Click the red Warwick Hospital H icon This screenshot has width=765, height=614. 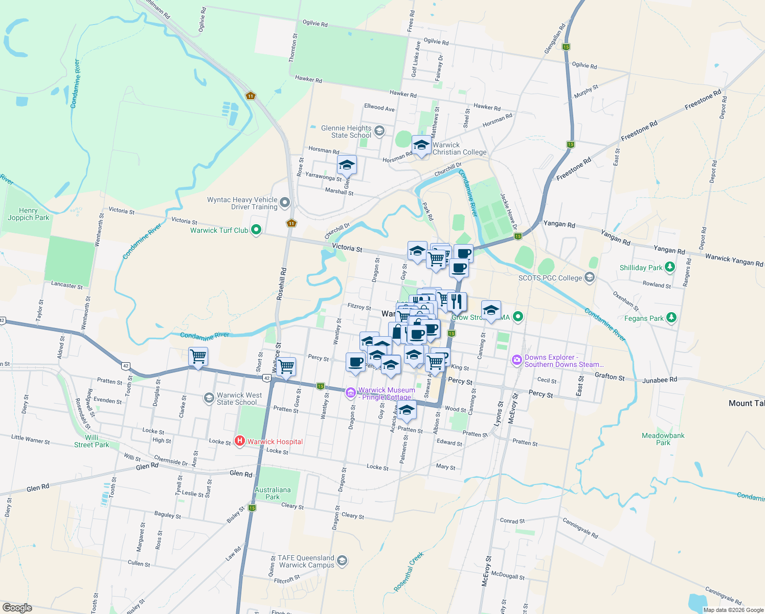[x=239, y=441]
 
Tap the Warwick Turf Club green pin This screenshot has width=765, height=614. [x=256, y=230]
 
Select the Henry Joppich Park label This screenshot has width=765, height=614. [x=29, y=214]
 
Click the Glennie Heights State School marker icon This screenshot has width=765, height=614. [x=379, y=131]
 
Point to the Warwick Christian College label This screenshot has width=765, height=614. [x=459, y=148]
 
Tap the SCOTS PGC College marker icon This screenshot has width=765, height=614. [x=590, y=277]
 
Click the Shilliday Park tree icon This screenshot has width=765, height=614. [x=670, y=267]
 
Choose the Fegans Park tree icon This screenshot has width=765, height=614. [x=671, y=318]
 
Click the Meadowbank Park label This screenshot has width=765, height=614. [x=663, y=439]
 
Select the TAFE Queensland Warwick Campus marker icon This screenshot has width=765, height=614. [x=342, y=561]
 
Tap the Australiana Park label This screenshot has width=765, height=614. [x=273, y=493]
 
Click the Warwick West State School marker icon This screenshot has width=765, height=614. [x=209, y=398]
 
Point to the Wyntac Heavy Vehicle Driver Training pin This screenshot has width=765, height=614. [x=285, y=203]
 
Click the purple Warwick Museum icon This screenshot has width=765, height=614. [x=351, y=392]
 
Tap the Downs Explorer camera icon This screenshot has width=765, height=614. [x=517, y=360]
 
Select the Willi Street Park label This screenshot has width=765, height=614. [x=92, y=441]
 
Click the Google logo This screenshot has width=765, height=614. [x=17, y=607]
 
